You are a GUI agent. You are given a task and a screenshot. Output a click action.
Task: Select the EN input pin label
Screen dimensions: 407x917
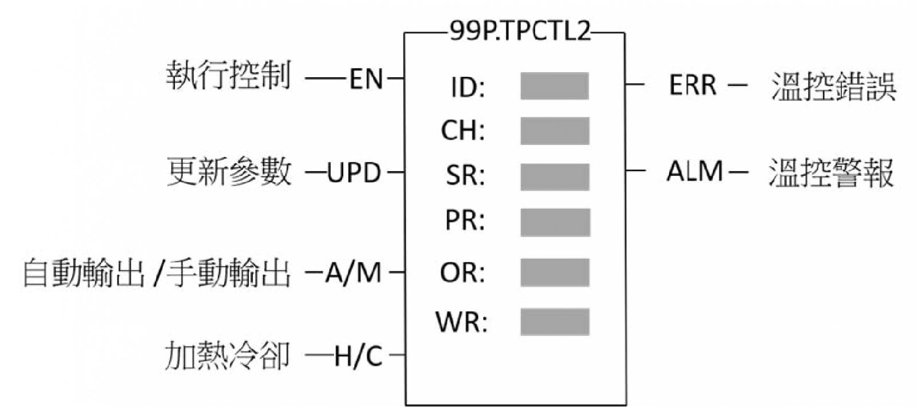click(x=366, y=78)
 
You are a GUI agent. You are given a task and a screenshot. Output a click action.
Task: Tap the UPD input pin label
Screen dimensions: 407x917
click(x=354, y=172)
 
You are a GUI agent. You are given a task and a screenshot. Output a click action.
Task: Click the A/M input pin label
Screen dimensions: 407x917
click(x=353, y=272)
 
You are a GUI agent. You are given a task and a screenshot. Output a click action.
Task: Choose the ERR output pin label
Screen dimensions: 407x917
click(x=692, y=85)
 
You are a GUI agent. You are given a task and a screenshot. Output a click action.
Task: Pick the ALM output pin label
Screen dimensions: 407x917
click(x=694, y=171)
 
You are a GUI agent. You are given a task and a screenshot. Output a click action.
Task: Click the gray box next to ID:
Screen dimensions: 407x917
click(x=554, y=86)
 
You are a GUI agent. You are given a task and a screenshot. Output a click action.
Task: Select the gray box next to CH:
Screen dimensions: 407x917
click(x=554, y=131)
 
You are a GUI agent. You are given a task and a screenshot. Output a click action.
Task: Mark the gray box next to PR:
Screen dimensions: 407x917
click(x=555, y=222)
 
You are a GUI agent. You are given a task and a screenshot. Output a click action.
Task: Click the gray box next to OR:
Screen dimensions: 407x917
click(x=554, y=272)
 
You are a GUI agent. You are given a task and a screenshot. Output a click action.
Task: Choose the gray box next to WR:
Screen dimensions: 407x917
click(x=554, y=322)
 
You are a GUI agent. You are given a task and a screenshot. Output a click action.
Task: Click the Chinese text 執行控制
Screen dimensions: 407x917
click(x=228, y=76)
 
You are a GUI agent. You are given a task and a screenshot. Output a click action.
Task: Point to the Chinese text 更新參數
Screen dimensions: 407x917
click(x=229, y=172)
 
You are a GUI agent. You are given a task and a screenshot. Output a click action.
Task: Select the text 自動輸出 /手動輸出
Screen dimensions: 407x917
click(x=156, y=273)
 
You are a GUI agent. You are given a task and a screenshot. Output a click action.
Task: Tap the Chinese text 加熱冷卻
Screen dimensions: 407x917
click(x=227, y=356)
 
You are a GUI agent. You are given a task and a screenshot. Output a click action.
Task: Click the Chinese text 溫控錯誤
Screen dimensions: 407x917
click(x=833, y=86)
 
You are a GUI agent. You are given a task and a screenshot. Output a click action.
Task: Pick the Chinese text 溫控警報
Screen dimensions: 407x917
click(x=830, y=172)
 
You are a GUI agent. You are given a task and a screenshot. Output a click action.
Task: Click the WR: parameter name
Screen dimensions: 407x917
click(x=461, y=322)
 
